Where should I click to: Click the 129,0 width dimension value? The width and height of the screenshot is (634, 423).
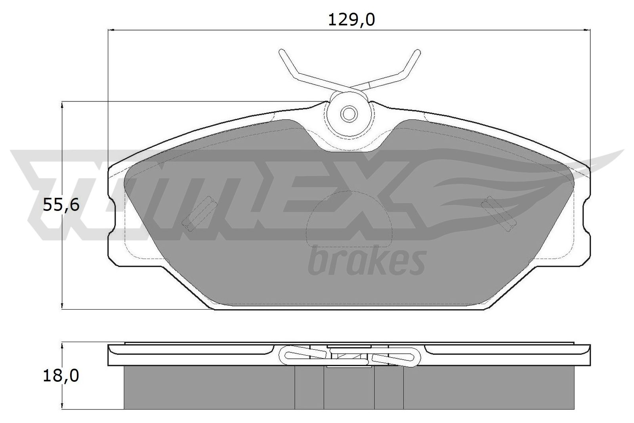click(x=351, y=20)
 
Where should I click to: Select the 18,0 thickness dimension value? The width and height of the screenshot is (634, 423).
click(x=61, y=376)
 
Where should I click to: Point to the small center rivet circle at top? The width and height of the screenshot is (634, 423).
click(x=349, y=114)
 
